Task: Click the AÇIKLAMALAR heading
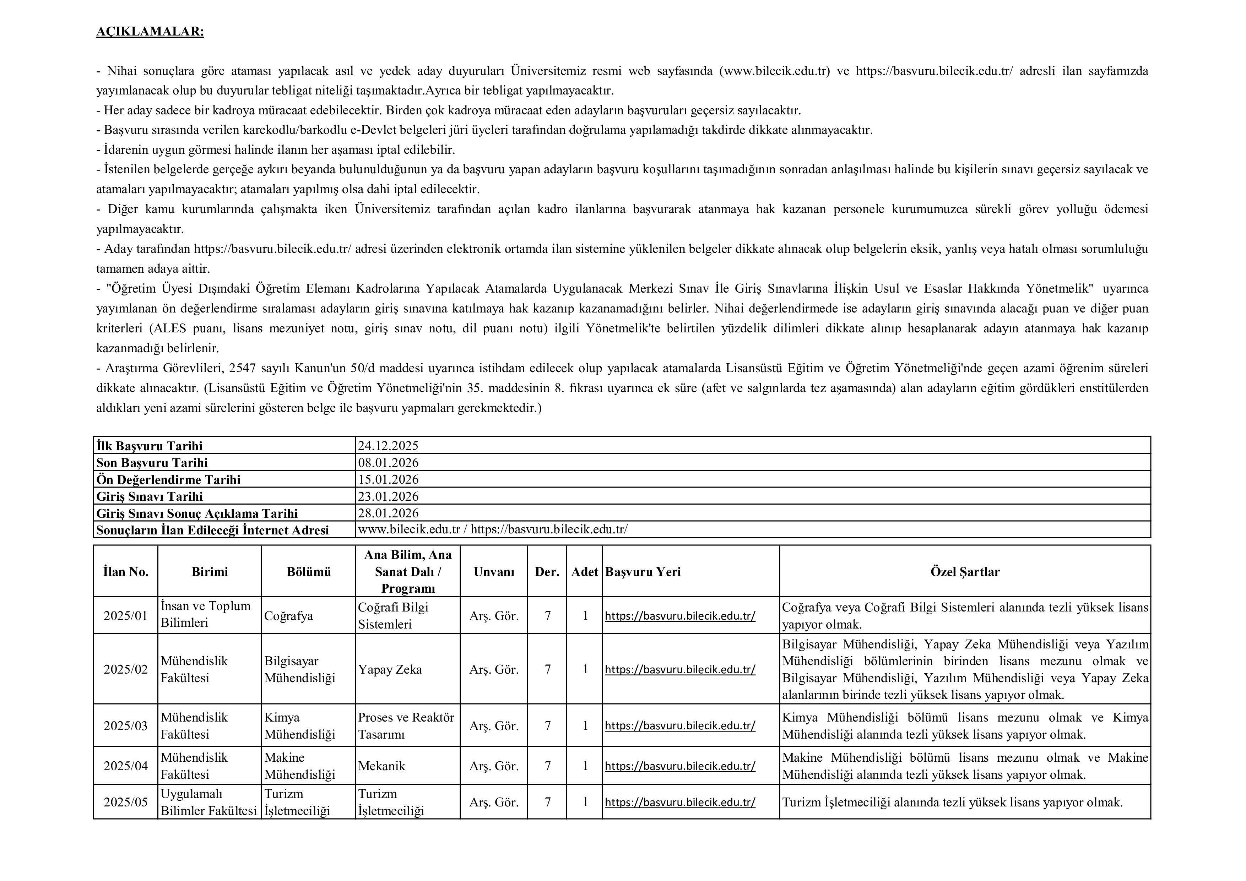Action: pos(150,32)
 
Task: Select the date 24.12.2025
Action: pos(388,446)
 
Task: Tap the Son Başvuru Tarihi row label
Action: pos(152,463)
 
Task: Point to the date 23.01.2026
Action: pos(388,496)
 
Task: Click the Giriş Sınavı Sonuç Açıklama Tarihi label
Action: pos(197,513)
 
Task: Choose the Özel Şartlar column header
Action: pos(965,571)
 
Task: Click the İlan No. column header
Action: pos(125,571)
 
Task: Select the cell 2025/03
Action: pos(125,726)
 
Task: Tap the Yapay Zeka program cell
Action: pos(390,669)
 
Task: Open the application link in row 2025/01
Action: pos(680,616)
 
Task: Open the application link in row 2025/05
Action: pos(680,802)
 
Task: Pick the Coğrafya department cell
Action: pos(289,616)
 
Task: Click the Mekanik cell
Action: pos(381,766)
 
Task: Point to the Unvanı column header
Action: pos(494,571)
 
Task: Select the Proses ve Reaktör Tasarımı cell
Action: pos(406,726)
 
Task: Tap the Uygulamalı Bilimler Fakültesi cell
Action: pos(208,802)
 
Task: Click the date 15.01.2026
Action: pos(388,479)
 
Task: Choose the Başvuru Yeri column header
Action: pos(643,571)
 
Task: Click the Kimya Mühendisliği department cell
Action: pos(299,726)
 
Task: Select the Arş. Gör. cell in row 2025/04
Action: pos(494,766)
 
